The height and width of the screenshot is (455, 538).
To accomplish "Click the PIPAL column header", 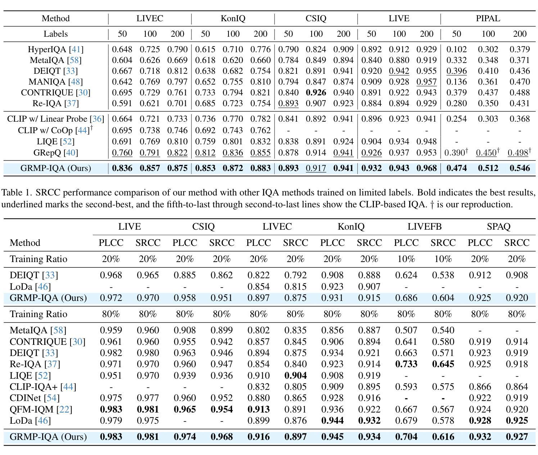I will point(488,18).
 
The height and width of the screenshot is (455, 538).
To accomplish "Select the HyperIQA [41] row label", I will point(55,49).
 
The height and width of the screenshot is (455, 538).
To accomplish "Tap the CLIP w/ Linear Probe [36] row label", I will point(55,119).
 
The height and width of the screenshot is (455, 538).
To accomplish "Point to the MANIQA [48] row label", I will point(55,82).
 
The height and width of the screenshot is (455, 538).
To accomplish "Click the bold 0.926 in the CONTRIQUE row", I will point(316,93).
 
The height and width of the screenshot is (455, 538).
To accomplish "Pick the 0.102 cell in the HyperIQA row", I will point(456,49).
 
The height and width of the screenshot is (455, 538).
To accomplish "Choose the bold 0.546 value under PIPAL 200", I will point(520,168).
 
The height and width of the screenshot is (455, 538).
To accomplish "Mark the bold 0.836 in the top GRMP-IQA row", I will point(122,168).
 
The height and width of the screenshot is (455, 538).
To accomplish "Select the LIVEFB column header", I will point(424,226).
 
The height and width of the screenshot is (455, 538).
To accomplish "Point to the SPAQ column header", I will point(498,226).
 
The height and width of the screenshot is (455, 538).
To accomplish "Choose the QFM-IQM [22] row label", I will point(41,409).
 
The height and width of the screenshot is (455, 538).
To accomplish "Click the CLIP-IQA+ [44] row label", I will point(43,387).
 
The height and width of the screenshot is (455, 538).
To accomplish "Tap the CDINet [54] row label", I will point(35,398).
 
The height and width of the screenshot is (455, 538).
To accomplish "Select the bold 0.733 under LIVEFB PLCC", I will point(406,364).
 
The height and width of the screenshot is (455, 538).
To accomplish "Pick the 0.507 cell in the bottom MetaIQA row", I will point(406,330).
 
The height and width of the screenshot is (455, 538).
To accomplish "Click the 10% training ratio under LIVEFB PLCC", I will point(406,259).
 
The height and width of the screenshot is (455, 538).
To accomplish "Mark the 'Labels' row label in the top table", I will point(55,34).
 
